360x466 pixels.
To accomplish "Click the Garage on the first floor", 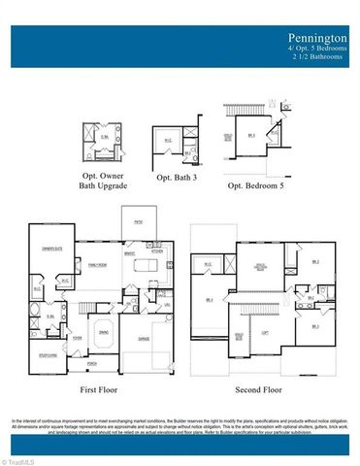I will (144, 339).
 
